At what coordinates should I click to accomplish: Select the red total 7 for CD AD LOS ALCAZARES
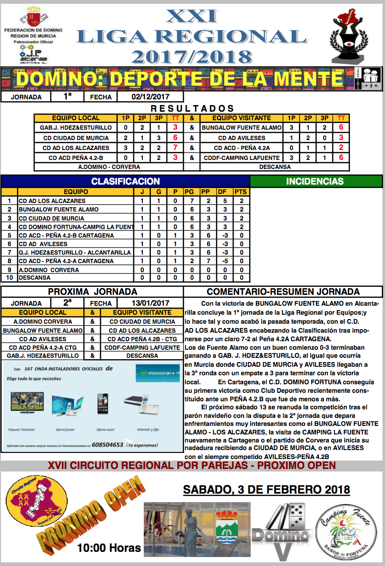point(175,147)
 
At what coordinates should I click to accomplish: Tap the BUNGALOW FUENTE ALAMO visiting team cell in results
point(242,127)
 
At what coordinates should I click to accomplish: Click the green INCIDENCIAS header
point(315,181)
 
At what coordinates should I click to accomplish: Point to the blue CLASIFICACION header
point(125,181)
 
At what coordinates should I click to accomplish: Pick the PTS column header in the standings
point(241,192)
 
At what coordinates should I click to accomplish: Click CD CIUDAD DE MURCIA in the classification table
point(52,218)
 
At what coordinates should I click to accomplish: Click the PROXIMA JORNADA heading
point(93,292)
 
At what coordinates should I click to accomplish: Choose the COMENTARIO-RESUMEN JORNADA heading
point(283,292)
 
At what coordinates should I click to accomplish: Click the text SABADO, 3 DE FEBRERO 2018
point(266,488)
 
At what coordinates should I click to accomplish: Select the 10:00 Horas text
point(109,548)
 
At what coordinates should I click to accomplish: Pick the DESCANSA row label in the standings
point(35,278)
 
